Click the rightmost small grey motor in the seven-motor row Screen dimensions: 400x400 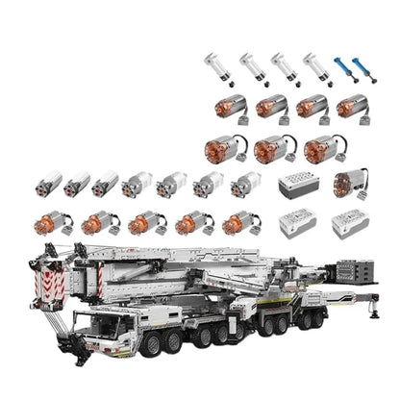(x=246, y=184)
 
